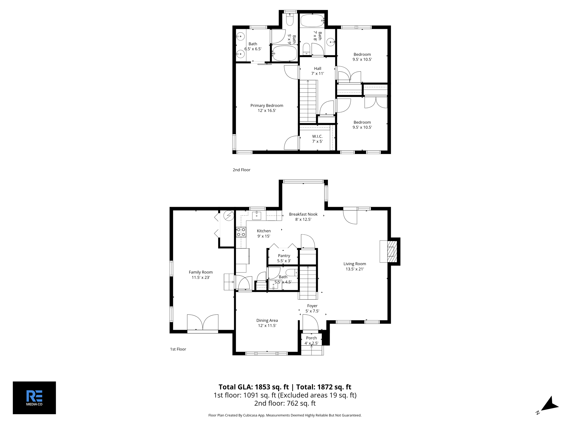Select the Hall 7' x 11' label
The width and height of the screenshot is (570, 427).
tap(318, 71)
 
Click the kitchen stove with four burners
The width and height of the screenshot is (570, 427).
tap(241, 232)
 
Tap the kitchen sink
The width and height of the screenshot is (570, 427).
tap(256, 215)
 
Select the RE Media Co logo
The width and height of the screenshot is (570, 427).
tap(34, 398)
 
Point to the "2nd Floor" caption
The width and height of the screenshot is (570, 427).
tap(242, 170)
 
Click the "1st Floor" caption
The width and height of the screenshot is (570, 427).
tap(178, 349)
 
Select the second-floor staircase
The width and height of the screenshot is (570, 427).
tap(308, 101)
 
